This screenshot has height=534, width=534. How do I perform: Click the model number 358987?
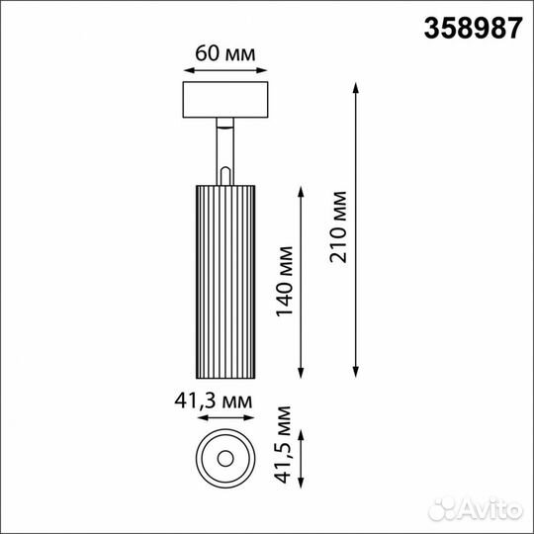tap(473, 29)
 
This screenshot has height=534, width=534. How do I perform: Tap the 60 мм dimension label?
tap(225, 53)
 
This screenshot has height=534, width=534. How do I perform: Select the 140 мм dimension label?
tap(284, 281)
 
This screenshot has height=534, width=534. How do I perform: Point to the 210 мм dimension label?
tap(338, 227)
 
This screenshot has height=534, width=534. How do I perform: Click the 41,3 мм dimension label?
tap(214, 401)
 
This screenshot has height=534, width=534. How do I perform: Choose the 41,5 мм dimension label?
tap(284, 445)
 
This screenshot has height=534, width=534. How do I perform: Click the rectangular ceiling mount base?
tap(225, 100)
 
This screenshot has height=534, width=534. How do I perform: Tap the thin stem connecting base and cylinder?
tap(225, 151)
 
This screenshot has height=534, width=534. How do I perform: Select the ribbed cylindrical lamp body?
tap(225, 282)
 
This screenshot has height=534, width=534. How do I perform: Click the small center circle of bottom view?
tap(225, 459)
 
